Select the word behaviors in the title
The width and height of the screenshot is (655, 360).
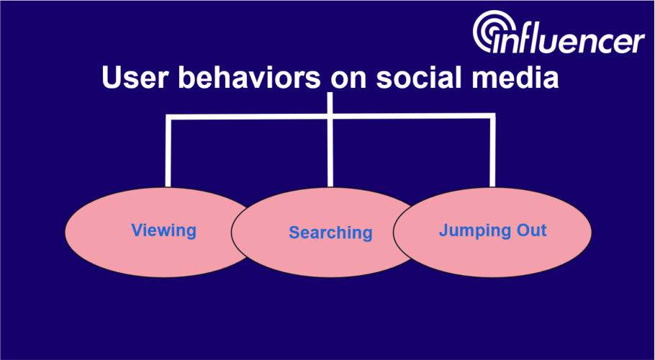tap(250, 77)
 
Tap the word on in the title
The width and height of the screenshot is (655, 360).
tap(348, 80)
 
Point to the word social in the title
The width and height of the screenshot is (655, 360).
tap(420, 77)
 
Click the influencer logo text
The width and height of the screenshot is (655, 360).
tap(569, 40)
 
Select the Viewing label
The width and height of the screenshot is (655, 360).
tap(164, 230)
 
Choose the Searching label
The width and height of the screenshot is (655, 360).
tap(330, 233)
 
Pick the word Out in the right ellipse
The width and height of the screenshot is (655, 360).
tap(531, 230)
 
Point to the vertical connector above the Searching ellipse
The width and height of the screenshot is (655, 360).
tap(330, 140)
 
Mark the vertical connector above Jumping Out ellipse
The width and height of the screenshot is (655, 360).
tap(492, 150)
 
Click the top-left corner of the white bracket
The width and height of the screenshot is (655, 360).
tap(168, 117)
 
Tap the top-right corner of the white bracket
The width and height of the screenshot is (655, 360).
tap(492, 116)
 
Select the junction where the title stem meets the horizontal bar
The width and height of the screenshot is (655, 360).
tap(330, 117)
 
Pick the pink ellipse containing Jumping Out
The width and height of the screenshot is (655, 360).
tap(492, 233)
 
